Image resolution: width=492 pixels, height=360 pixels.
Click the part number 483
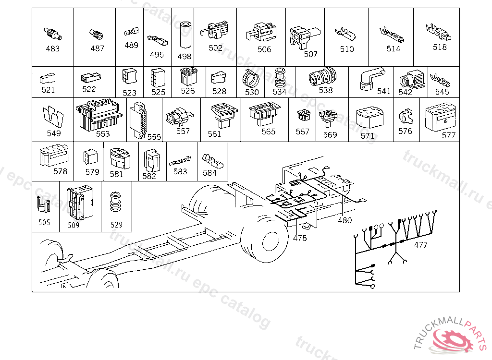click(x=53, y=48)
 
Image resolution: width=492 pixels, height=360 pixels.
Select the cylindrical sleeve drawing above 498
click(x=185, y=35)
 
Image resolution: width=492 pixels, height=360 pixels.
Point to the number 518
click(x=440, y=47)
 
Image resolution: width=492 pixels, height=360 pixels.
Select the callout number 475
click(x=300, y=238)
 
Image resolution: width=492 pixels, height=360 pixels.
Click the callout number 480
click(x=344, y=220)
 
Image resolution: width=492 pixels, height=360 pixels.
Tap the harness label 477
click(x=420, y=245)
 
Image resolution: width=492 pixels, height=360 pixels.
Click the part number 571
click(x=368, y=136)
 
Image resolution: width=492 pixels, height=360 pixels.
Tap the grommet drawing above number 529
click(x=115, y=202)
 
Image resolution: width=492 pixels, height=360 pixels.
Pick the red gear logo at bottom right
click(x=453, y=341)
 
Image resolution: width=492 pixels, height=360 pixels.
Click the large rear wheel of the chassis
click(x=265, y=240)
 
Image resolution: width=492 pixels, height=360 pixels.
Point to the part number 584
click(x=209, y=173)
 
